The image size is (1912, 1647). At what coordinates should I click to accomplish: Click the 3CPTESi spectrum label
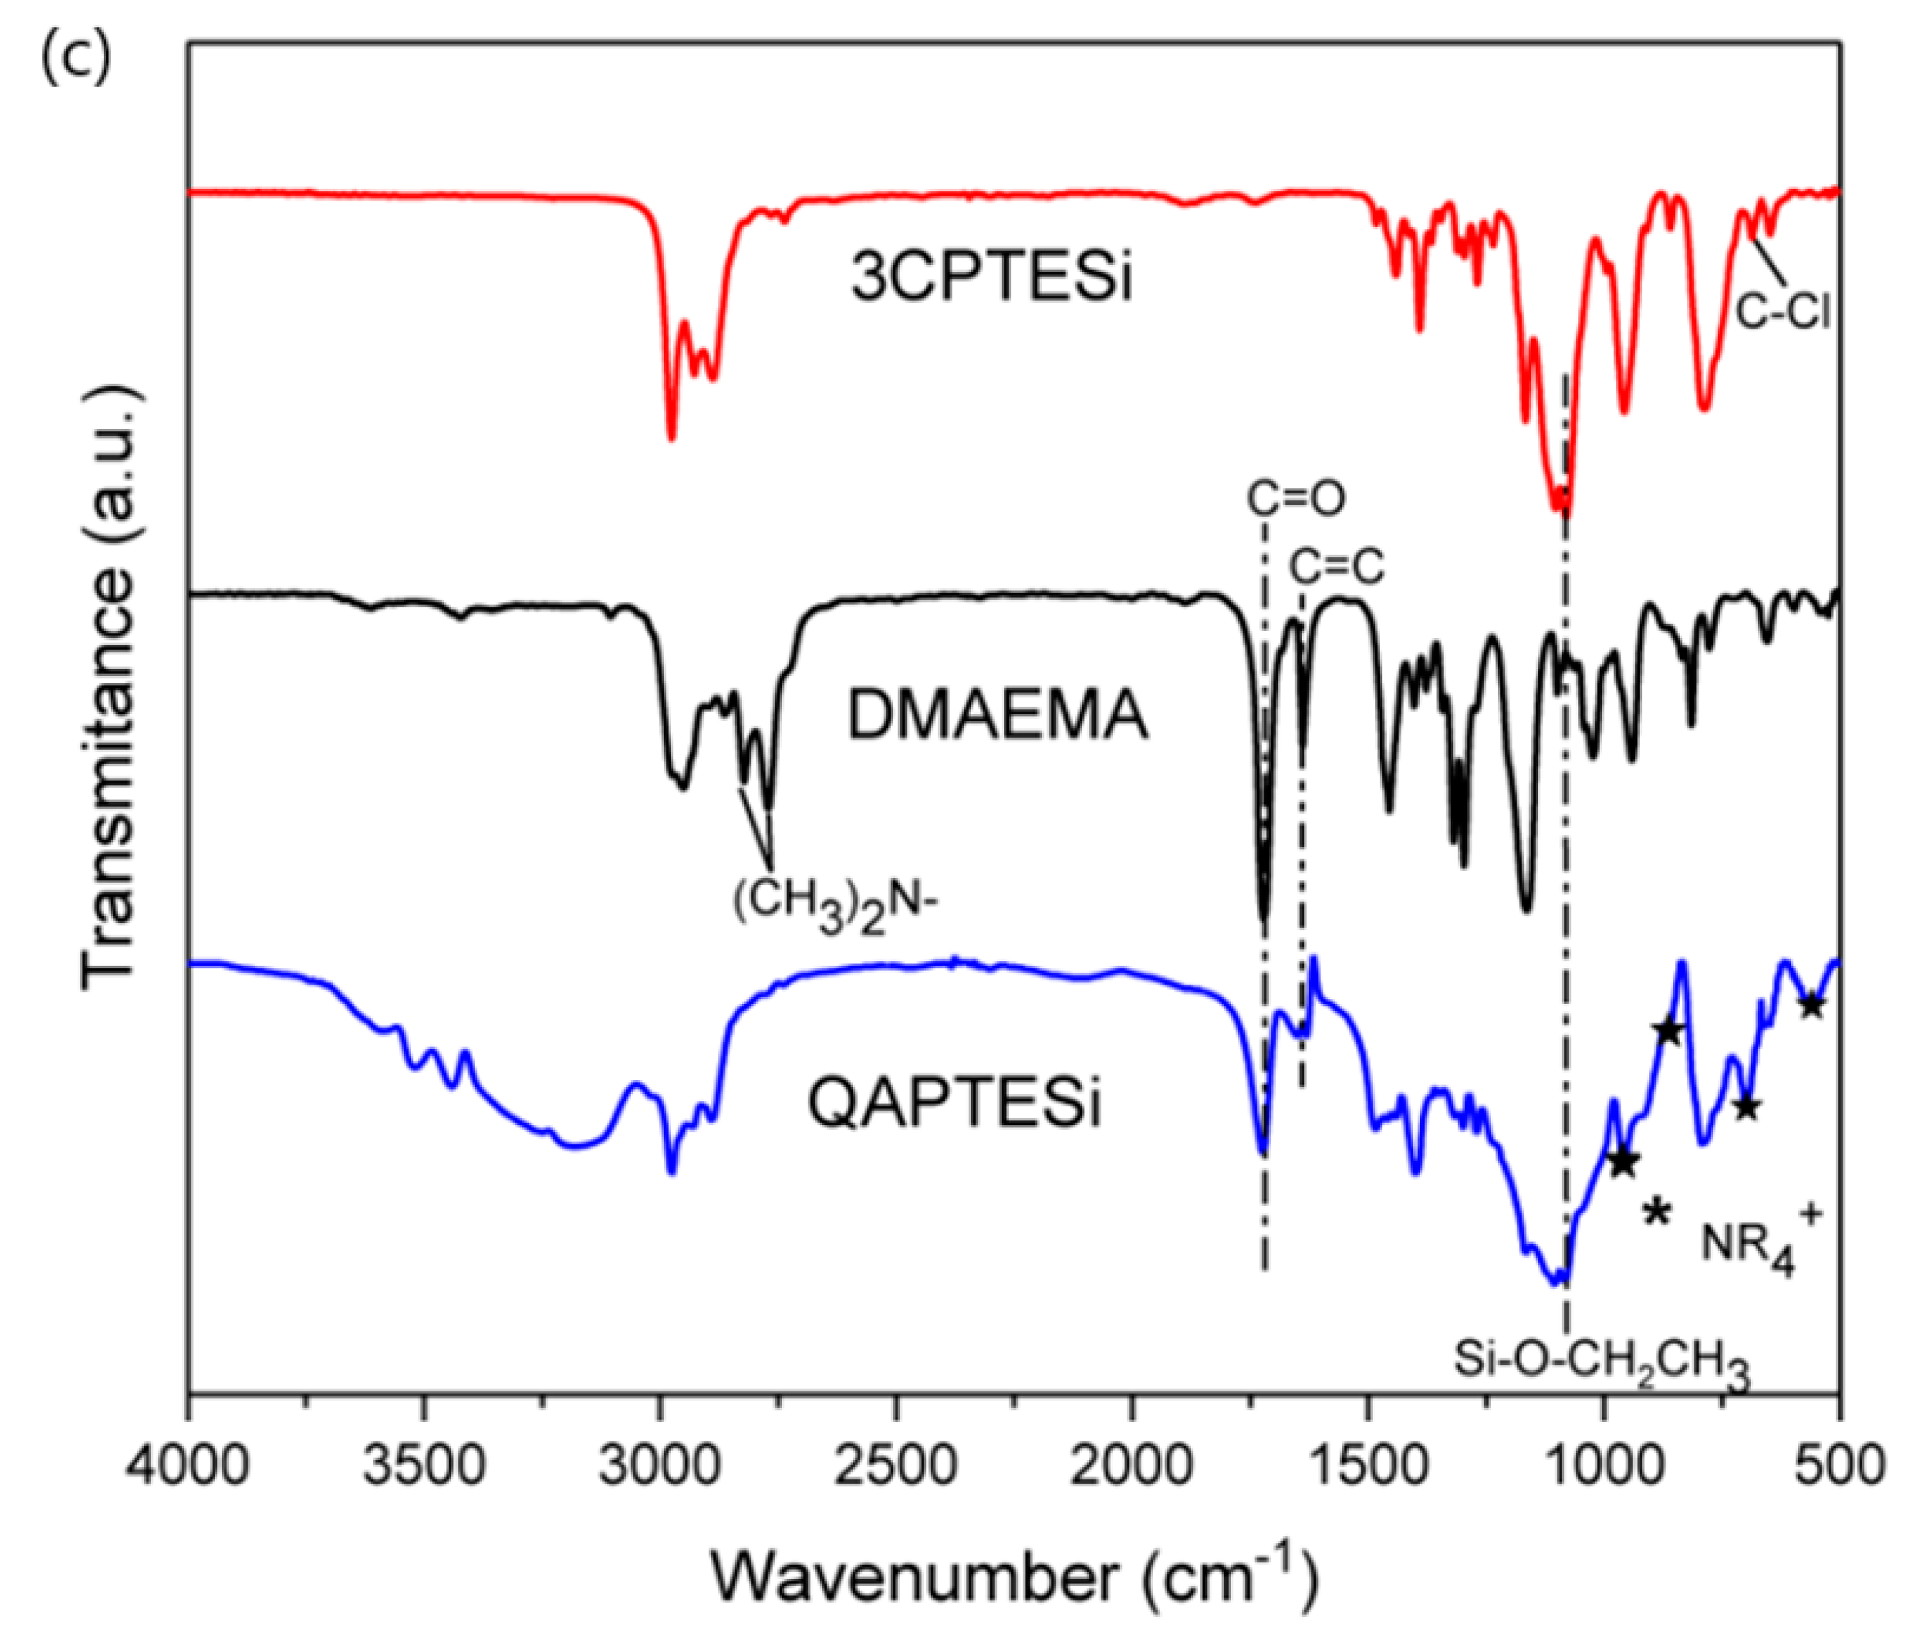point(991,279)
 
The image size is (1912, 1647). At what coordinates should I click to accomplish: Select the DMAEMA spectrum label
point(998,717)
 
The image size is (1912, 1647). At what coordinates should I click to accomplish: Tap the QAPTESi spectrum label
point(955,1103)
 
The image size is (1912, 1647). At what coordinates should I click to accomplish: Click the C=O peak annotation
point(1295,499)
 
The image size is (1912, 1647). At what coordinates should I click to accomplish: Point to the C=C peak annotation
point(1336,567)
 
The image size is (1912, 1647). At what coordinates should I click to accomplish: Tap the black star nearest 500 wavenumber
point(1812,1005)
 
